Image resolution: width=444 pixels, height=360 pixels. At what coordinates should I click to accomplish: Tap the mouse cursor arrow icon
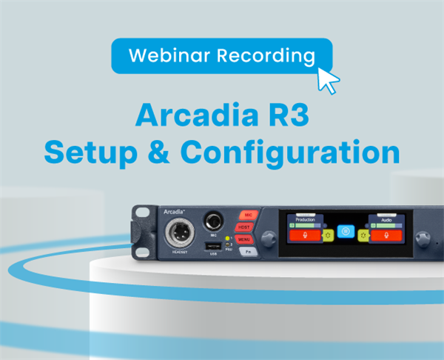tap(327, 77)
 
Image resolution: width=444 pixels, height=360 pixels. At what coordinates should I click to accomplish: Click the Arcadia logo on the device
tap(175, 212)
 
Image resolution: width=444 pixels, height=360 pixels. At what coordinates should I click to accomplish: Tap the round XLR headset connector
tap(178, 235)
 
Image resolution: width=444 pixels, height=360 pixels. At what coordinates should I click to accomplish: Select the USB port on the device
tap(213, 246)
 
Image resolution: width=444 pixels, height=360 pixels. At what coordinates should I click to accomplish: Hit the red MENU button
tap(246, 239)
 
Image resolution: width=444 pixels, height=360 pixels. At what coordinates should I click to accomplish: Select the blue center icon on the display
tap(344, 232)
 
